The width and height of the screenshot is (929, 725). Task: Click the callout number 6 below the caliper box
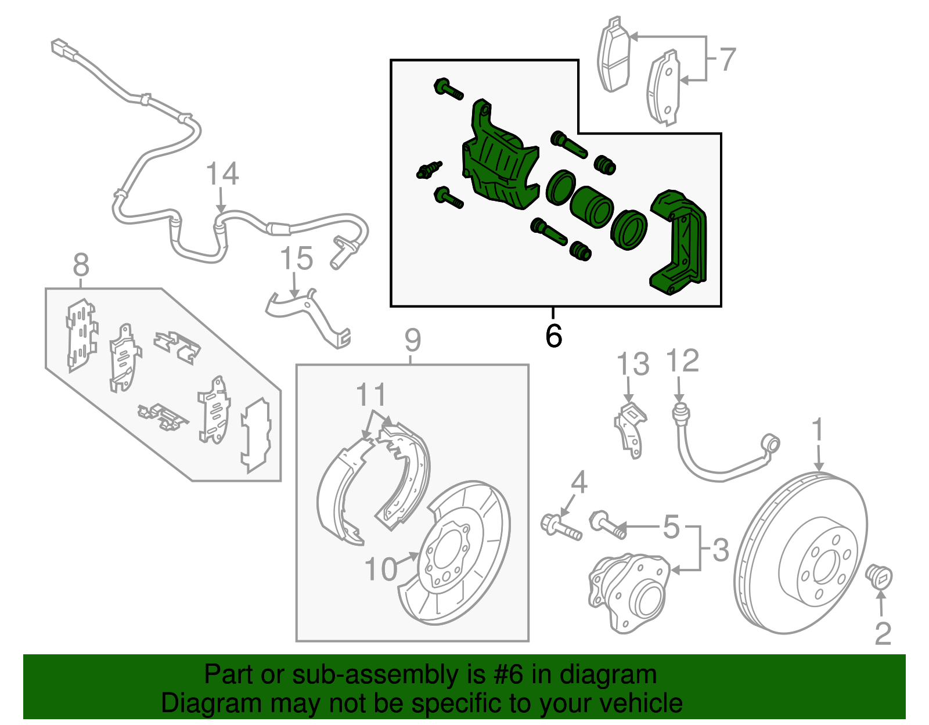coord(554,336)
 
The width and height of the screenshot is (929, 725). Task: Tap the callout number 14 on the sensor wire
coord(222,174)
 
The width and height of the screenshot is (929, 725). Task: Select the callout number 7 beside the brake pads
coord(727,59)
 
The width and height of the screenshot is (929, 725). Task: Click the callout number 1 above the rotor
coord(818,430)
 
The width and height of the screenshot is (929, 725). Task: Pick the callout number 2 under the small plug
coord(883,633)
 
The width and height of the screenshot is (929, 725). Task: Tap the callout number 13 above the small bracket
coord(632,365)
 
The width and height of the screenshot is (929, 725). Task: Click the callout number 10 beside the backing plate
coord(381,569)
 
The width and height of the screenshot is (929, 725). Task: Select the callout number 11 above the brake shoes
coord(371,395)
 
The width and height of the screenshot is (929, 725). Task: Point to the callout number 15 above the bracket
coord(297,259)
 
